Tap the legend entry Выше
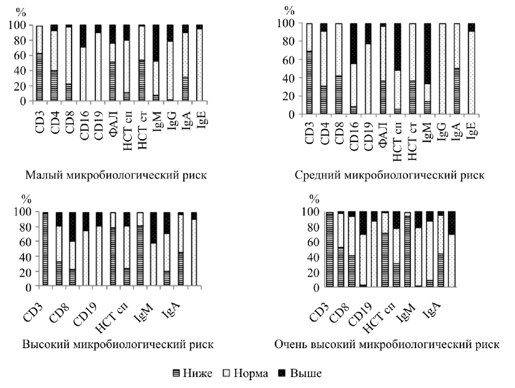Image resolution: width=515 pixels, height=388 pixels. click(301, 373)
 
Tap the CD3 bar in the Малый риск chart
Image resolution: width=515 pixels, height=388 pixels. click(39, 63)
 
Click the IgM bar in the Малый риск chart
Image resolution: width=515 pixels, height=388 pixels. click(155, 63)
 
